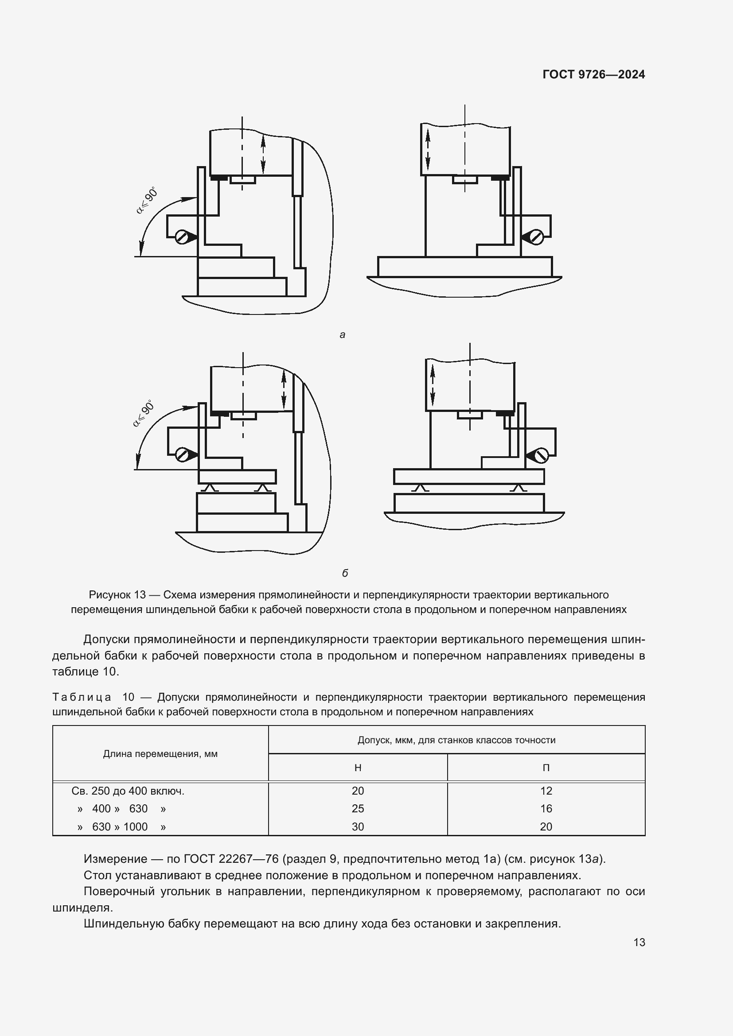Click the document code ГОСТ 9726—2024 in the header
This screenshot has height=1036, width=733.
pos(593,74)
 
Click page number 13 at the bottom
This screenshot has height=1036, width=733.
pos(639,942)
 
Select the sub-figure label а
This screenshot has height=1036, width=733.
pos(342,335)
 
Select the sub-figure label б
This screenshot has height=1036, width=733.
pos(345,573)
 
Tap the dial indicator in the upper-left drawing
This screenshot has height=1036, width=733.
pos(182,237)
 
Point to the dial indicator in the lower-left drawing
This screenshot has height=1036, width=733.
pos(182,454)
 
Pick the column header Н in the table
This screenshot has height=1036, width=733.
pos(358,768)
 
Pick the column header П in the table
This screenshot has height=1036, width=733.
pos(546,768)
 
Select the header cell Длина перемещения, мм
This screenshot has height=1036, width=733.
pos(160,753)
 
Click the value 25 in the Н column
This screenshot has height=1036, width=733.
pos(358,808)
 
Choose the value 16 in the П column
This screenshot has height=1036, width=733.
pos(546,808)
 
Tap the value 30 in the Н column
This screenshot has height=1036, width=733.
pos(358,826)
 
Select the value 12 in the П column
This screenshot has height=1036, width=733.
pos(546,791)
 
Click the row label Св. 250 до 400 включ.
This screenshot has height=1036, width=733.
pos(128,791)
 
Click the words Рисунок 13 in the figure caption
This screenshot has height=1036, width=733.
pos(117,595)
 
